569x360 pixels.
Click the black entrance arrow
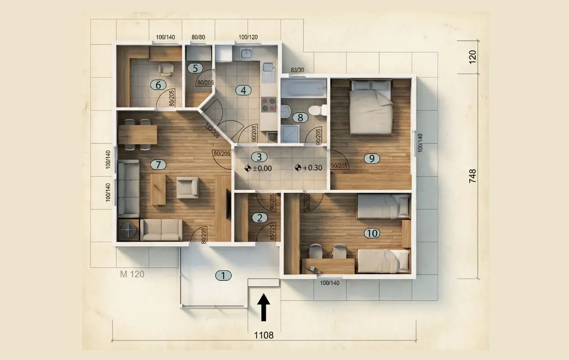[264, 307]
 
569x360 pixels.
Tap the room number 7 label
[158, 165]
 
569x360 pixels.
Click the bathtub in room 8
[303, 88]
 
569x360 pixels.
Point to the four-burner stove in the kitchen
[269, 104]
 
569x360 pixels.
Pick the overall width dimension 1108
[264, 335]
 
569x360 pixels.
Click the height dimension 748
[472, 176]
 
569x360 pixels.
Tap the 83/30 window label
[297, 70]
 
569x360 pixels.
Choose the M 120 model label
[132, 274]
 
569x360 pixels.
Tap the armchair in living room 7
[187, 187]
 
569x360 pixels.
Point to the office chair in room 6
[166, 69]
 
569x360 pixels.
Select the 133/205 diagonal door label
[212, 131]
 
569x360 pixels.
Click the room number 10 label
[372, 233]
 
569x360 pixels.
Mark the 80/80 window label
[198, 37]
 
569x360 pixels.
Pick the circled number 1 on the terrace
[223, 276]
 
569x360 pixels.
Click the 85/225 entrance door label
[272, 232]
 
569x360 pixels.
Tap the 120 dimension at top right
[472, 57]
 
